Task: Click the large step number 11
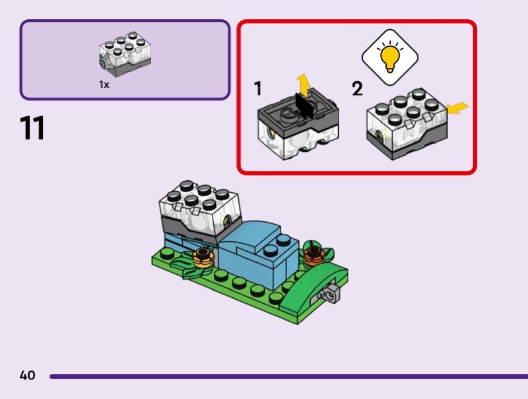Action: point(33,128)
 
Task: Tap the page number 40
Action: point(27,376)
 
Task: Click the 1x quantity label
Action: point(104,85)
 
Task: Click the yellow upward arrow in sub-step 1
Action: point(303,85)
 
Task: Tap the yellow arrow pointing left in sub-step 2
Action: point(457,107)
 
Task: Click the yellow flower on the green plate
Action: point(203,256)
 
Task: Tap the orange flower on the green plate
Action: point(312,252)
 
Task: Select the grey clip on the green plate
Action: point(329,292)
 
